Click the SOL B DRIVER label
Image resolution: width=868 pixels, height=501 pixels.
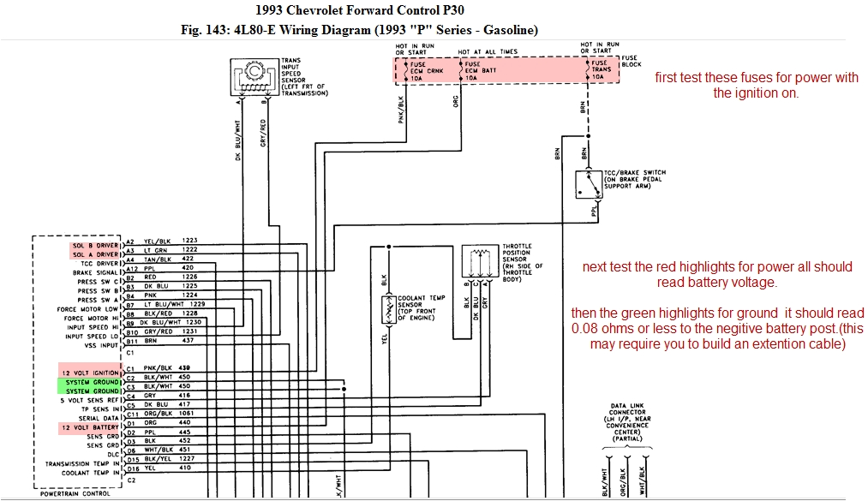pyautogui.click(x=94, y=245)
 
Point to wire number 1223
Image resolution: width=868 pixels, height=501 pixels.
pyautogui.click(x=189, y=241)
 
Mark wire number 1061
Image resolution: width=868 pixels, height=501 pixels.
pyautogui.click(x=191, y=413)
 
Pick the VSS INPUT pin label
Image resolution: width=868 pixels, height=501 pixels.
pyautogui.click(x=101, y=345)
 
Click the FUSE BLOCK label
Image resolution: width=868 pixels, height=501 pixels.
pyautogui.click(x=630, y=61)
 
